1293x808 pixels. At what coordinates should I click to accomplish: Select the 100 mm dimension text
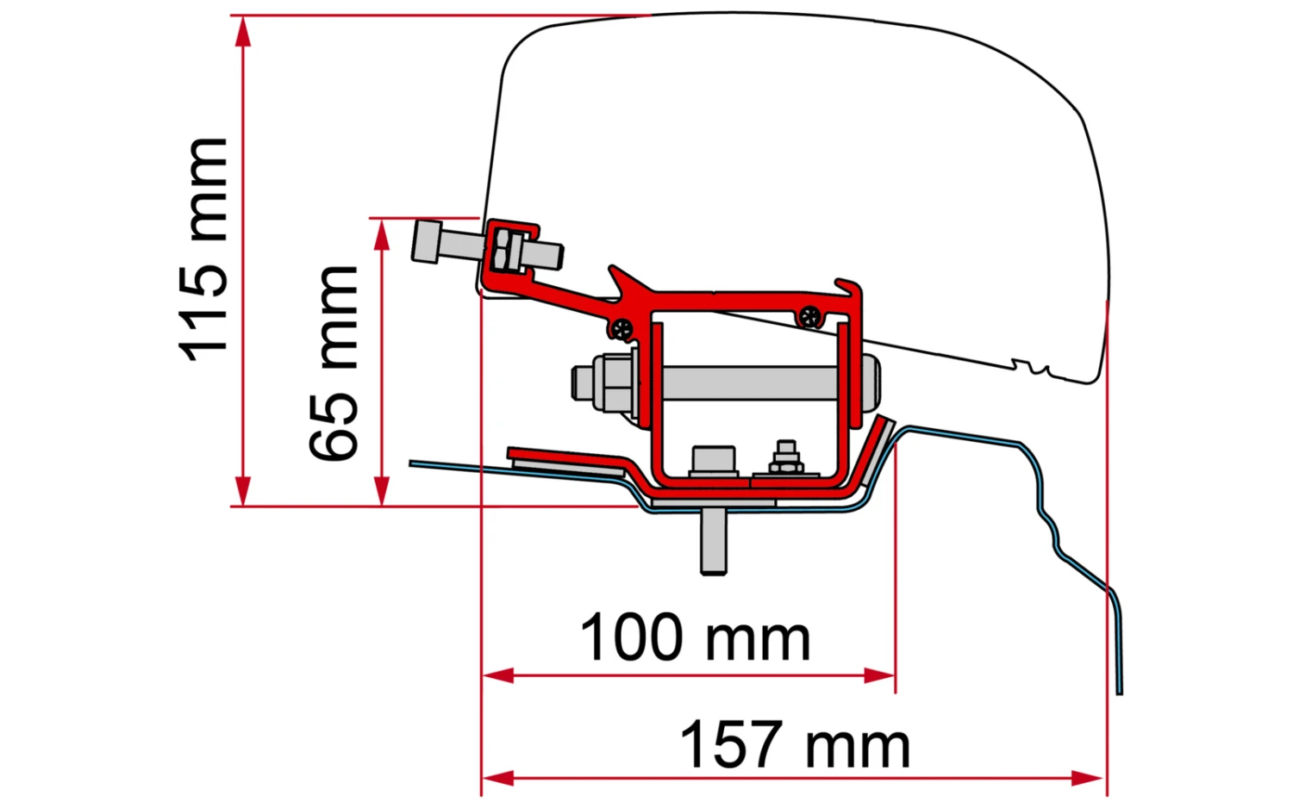pyautogui.click(x=695, y=638)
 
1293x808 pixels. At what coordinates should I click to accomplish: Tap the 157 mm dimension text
pyautogui.click(x=794, y=745)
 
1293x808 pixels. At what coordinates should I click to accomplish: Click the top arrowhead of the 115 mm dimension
pyautogui.click(x=244, y=29)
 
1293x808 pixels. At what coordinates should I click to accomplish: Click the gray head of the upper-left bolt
pyautogui.click(x=428, y=242)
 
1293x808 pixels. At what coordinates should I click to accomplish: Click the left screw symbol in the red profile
pyautogui.click(x=622, y=327)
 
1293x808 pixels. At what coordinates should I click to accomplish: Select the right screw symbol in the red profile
pyautogui.click(x=809, y=316)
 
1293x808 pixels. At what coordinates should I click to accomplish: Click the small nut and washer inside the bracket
pyautogui.click(x=785, y=460)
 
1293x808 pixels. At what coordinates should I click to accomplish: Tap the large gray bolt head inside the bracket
pyautogui.click(x=714, y=460)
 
